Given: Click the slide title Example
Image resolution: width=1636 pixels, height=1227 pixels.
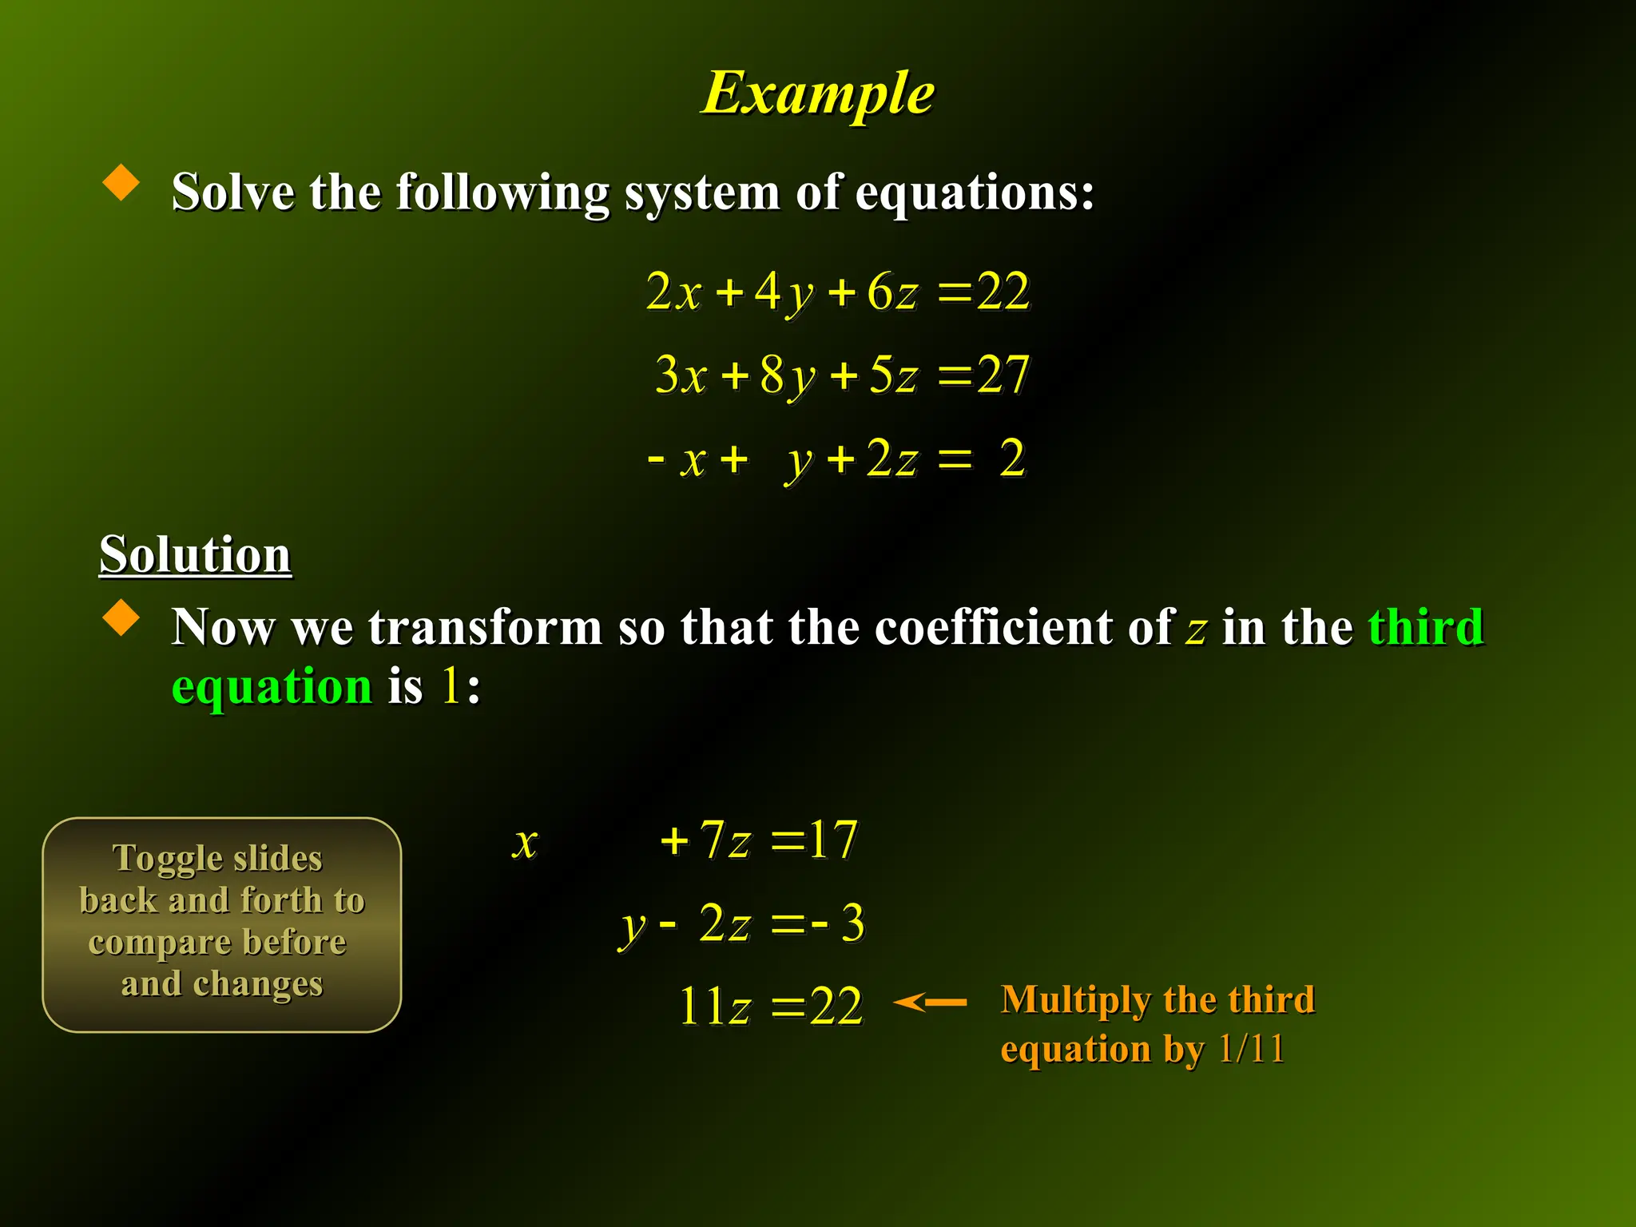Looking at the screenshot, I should [x=818, y=94].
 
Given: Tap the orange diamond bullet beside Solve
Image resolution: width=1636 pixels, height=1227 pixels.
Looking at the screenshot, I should [x=121, y=182].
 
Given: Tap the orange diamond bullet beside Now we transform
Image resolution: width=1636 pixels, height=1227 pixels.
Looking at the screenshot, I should [x=121, y=617].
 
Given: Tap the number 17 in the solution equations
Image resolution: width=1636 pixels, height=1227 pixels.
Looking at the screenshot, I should [x=832, y=840].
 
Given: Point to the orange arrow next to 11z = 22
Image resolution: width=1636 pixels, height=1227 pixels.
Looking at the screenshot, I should [x=930, y=1002].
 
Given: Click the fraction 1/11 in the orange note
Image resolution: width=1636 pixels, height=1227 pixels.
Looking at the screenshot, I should [x=1251, y=1048].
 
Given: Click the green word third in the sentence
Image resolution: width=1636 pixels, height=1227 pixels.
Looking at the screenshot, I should [x=1426, y=626].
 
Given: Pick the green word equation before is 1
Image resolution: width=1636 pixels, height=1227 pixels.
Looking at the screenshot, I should [x=272, y=687].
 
